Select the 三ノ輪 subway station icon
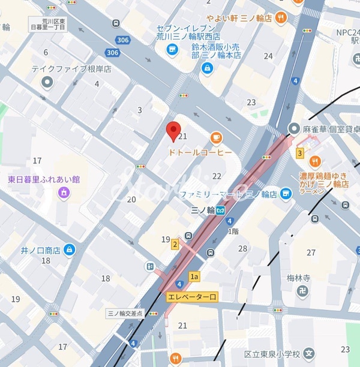pyautogui.click(x=221, y=210)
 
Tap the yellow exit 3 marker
pyautogui.click(x=299, y=153)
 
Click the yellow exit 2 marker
pyautogui.click(x=175, y=244)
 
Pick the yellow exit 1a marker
pyautogui.click(x=194, y=276)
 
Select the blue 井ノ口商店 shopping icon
pyautogui.click(x=70, y=249)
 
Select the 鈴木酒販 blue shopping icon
pyautogui.click(x=206, y=69)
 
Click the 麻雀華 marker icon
pyautogui.click(x=294, y=128)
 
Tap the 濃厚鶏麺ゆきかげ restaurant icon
pyautogui.click(x=316, y=161)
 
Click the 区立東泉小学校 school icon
pyautogui.click(x=308, y=353)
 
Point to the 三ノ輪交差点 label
pyautogui.click(x=124, y=313)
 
